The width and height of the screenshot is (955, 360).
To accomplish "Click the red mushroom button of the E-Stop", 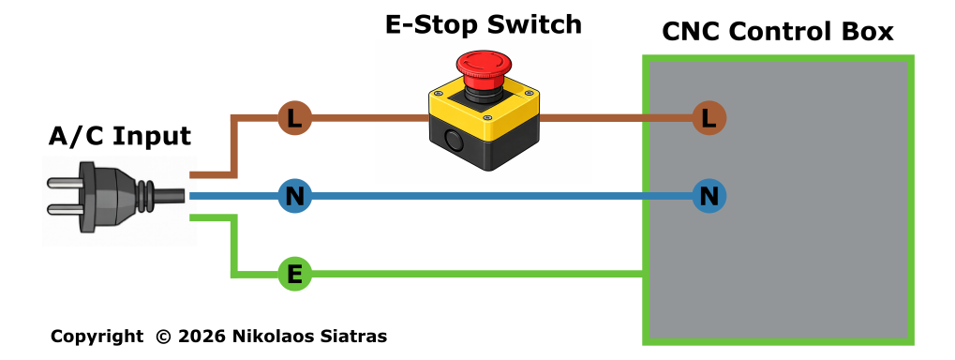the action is pyautogui.click(x=483, y=68).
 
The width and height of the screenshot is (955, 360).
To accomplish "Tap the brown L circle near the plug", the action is pyautogui.click(x=295, y=117).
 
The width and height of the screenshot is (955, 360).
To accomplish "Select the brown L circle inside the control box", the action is pyautogui.click(x=709, y=117).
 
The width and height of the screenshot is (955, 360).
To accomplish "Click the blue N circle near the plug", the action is pyautogui.click(x=295, y=196).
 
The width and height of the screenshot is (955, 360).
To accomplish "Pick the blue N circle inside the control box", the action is pyautogui.click(x=709, y=196).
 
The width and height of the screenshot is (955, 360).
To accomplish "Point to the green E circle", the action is pyautogui.click(x=295, y=274).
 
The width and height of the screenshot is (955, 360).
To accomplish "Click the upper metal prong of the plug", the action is pyautogui.click(x=64, y=182).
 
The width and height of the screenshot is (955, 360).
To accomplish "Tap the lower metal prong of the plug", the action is pyautogui.click(x=64, y=210).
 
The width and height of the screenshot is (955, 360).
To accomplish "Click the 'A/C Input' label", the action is pyautogui.click(x=119, y=137).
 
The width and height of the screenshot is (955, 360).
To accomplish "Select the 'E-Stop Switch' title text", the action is pyautogui.click(x=483, y=25).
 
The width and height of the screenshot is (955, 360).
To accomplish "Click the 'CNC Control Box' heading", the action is pyautogui.click(x=777, y=32).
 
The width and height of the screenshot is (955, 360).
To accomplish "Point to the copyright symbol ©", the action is pyautogui.click(x=163, y=337).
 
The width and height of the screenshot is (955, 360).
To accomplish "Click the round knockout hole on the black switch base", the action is pyautogui.click(x=455, y=140).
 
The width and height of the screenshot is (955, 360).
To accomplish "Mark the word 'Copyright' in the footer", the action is pyautogui.click(x=97, y=337).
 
